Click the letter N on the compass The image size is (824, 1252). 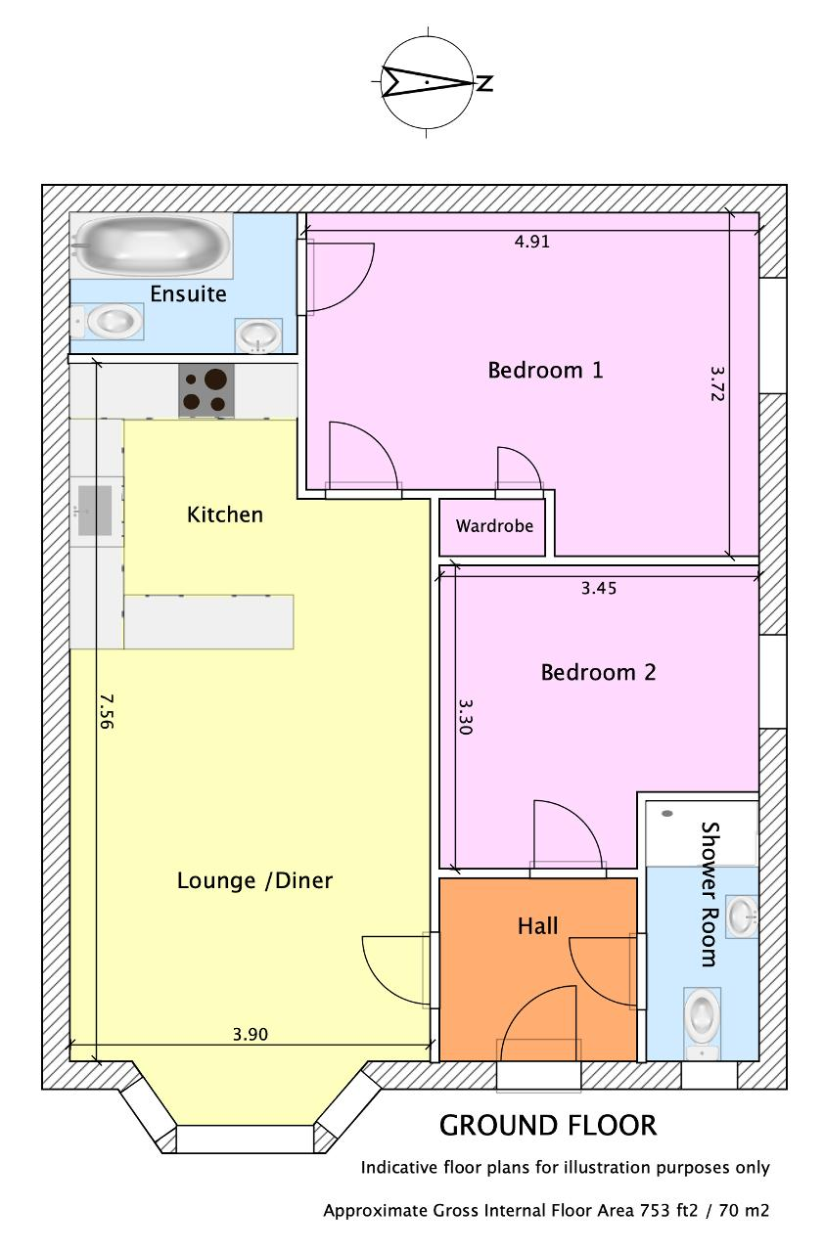[x=484, y=83]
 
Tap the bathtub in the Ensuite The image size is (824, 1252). [x=151, y=245]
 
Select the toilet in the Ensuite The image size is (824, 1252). [x=108, y=322]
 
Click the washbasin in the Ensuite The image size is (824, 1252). [x=257, y=335]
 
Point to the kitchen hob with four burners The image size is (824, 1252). [x=206, y=390]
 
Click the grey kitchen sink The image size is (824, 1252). [x=95, y=511]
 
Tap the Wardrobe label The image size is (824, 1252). [x=494, y=526]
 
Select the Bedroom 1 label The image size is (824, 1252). [x=546, y=370]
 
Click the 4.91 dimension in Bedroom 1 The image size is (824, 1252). [x=532, y=242]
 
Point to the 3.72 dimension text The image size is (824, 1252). [x=717, y=383]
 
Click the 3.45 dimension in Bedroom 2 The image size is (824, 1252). [x=599, y=588]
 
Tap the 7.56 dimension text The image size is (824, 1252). [x=106, y=711]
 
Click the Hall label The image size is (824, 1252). [x=538, y=926]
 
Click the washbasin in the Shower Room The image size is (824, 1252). [x=743, y=917]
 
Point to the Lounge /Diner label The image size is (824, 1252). [x=254, y=881]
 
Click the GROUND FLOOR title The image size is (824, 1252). [x=548, y=1126]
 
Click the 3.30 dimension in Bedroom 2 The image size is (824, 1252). [x=466, y=717]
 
